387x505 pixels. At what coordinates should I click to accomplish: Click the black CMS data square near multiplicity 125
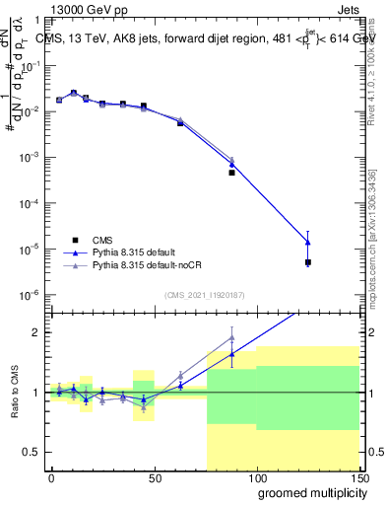(x=308, y=262)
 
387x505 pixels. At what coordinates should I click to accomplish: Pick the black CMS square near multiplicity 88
(x=231, y=173)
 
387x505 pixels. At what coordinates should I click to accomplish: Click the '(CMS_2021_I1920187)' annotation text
(x=203, y=294)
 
